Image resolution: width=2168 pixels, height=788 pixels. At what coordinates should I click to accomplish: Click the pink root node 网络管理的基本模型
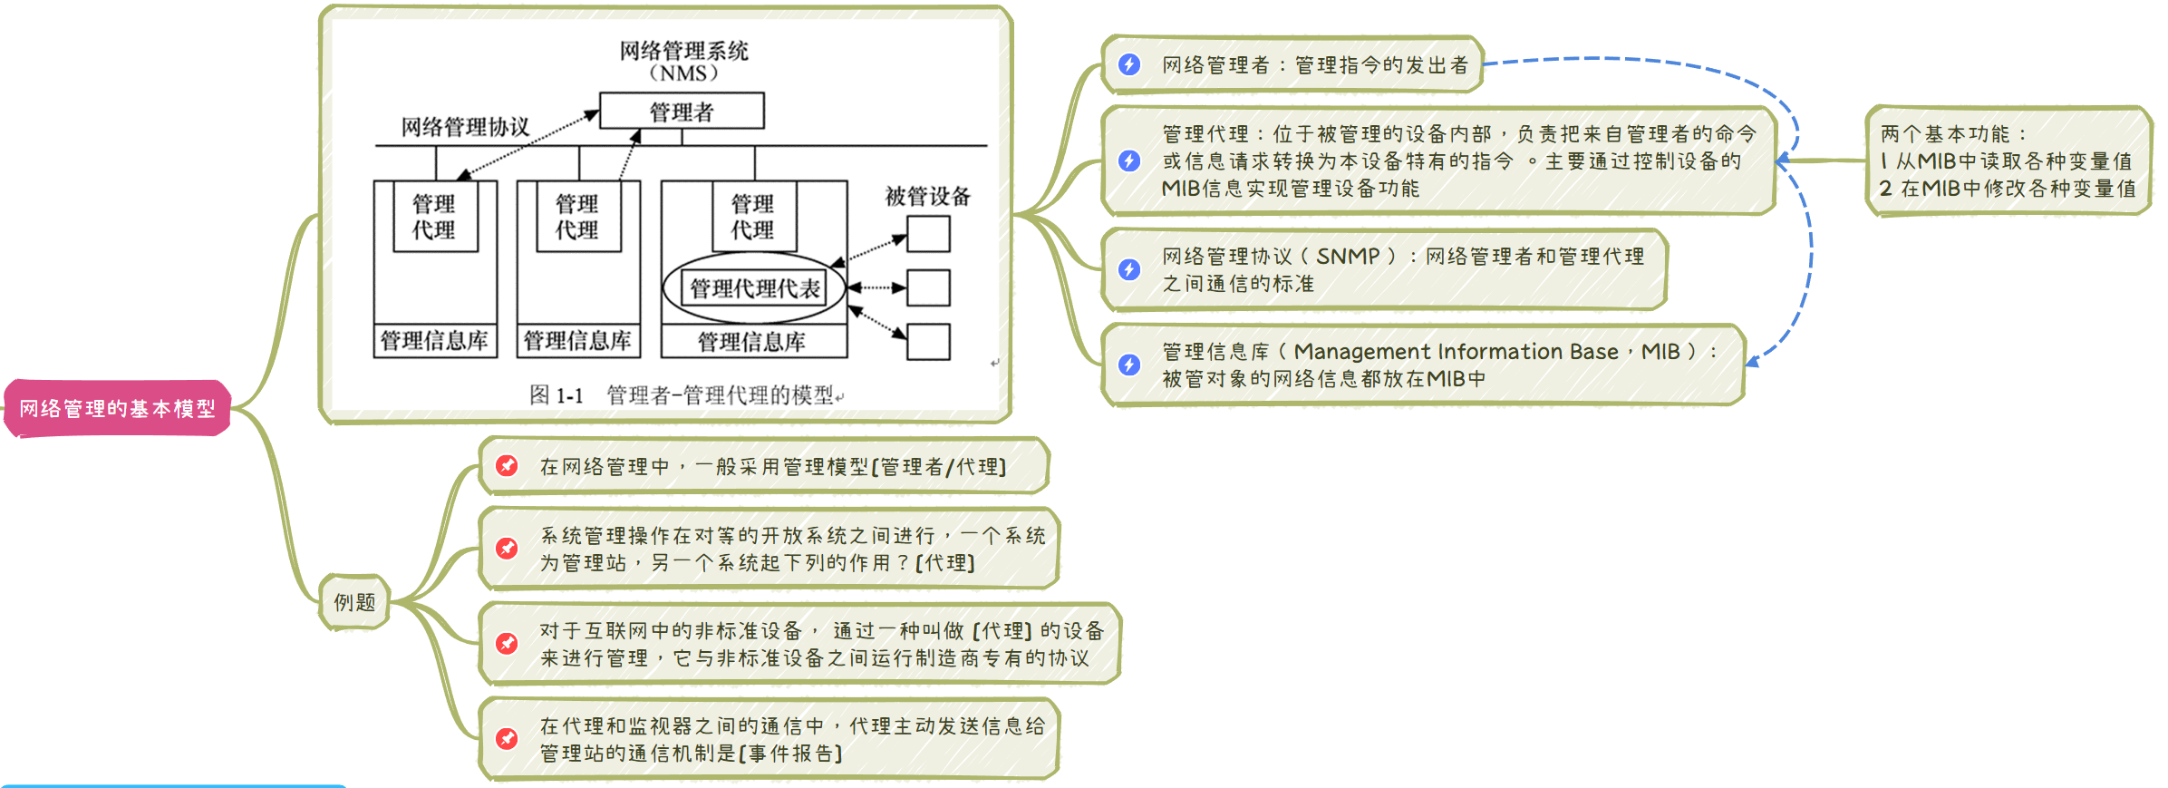pos(118,409)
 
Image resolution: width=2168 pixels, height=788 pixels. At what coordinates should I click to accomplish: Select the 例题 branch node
pos(354,602)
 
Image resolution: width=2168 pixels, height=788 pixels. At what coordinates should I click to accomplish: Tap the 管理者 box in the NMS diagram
pos(682,112)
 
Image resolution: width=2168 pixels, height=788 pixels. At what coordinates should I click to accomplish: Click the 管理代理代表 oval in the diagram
pos(754,288)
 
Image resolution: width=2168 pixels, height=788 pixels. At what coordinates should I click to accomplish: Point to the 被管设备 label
pos(927,196)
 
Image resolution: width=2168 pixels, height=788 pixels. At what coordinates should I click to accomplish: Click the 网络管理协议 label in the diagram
pos(465,127)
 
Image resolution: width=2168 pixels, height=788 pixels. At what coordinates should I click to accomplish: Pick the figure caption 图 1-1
pos(556,395)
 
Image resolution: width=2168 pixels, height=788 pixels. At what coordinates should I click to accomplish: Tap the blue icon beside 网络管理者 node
pos(1129,64)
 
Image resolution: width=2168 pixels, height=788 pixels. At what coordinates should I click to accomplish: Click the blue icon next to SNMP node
pos(1129,269)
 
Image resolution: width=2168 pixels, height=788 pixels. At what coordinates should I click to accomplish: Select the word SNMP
pos(1347,257)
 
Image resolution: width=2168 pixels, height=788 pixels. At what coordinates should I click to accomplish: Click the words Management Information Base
pos(1456,352)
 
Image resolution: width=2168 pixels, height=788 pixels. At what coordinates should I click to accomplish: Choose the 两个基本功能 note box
pos(2008,161)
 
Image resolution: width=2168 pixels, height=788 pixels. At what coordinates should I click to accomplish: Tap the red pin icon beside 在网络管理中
pos(507,466)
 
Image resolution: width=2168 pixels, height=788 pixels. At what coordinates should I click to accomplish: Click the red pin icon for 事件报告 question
pos(507,739)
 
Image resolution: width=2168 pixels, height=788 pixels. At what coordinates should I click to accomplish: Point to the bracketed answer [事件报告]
pos(791,754)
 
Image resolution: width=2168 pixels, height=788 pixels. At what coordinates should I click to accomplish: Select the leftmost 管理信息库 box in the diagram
pos(434,341)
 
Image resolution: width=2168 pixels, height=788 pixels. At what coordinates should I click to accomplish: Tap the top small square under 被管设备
pos(928,234)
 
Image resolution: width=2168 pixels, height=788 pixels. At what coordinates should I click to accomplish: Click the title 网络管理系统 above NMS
pos(683,51)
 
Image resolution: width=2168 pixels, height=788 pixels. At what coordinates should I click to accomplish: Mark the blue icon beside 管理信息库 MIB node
pos(1129,365)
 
